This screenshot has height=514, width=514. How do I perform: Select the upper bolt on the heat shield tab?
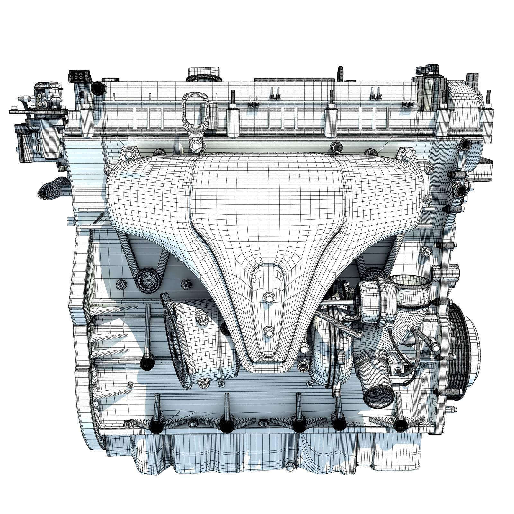tap(268, 298)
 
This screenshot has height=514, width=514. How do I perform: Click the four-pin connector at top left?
tap(78, 77)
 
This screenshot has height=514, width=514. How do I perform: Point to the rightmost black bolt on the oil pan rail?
tap(400, 426)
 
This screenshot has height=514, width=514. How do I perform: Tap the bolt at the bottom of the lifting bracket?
tap(196, 146)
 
